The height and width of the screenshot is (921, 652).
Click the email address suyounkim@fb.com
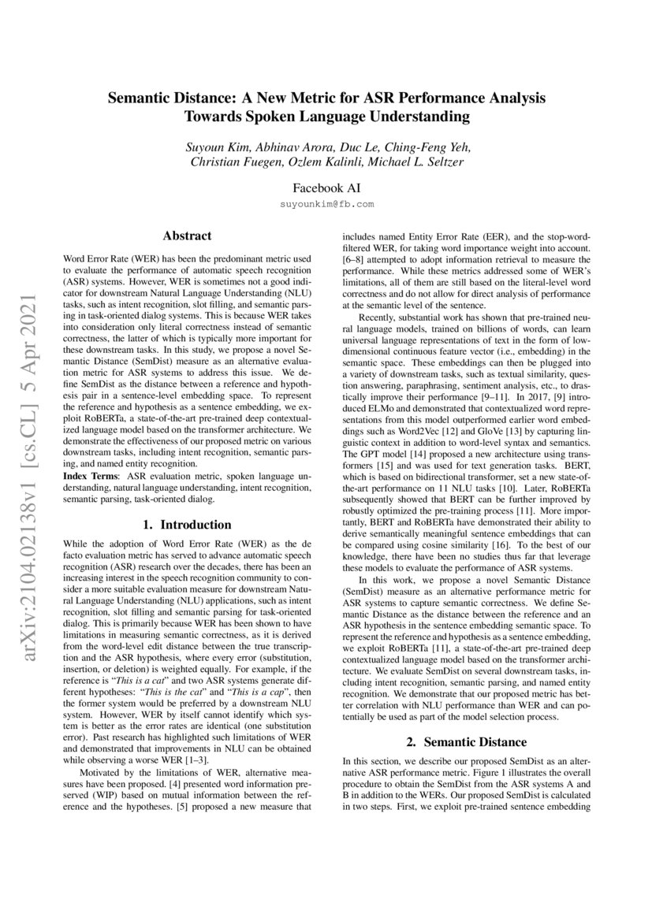coord(326,203)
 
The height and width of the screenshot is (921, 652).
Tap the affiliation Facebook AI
coord(326,188)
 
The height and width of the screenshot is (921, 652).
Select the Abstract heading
coord(187,235)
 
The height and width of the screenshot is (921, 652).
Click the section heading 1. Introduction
coord(187,525)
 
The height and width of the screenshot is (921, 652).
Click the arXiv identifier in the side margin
coord(31,394)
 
